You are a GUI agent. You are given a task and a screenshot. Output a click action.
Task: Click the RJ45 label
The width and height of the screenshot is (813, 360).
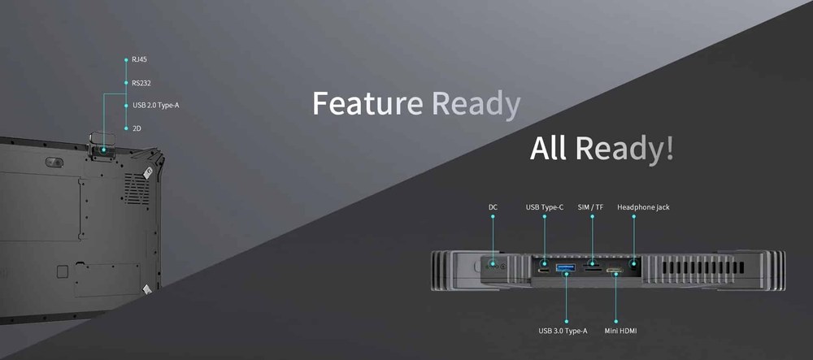[140, 59]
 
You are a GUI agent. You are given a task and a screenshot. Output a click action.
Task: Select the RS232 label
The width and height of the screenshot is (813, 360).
[141, 83]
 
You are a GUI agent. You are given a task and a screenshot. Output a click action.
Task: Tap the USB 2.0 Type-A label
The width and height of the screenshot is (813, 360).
[156, 105]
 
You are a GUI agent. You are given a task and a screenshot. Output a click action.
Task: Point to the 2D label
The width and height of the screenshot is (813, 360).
[137, 128]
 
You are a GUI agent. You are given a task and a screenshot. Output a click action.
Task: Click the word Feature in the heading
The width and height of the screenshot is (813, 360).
[367, 102]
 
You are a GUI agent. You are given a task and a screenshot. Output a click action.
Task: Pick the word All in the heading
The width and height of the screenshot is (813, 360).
[550, 148]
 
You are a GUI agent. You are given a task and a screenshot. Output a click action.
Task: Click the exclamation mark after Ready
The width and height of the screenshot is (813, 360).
[669, 148]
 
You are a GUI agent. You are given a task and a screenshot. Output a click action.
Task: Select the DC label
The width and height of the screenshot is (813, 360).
[493, 207]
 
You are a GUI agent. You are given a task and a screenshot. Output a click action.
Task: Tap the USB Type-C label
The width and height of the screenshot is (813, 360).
[545, 207]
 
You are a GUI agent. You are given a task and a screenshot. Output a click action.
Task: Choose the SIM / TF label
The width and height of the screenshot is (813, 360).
[590, 207]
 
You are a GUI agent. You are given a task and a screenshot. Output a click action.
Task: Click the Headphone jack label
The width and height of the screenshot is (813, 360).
[643, 207]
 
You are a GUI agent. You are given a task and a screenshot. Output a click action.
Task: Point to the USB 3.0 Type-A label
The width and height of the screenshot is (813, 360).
[563, 331]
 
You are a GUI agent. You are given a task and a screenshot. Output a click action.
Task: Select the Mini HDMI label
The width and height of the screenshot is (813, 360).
[620, 331]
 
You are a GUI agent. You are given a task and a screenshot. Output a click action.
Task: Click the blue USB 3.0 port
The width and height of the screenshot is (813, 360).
[566, 268]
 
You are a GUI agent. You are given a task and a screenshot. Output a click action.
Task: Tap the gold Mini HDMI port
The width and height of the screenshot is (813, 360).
[615, 270]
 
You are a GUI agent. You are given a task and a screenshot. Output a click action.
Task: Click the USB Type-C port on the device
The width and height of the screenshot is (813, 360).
[544, 271]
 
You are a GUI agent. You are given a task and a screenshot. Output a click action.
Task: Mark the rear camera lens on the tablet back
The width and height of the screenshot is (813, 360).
[54, 163]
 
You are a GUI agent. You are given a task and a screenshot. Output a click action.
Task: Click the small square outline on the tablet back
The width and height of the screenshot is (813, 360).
[63, 271]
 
